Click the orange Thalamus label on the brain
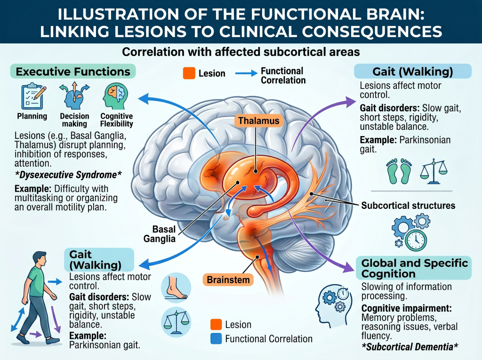[259, 120]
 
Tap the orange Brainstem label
[228, 280]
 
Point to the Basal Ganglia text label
[160, 234]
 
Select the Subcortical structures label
[408, 205]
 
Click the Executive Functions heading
[73, 72]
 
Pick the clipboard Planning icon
[32, 96]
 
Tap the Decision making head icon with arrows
[74, 96]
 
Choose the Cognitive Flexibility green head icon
[116, 96]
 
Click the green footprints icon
[399, 171]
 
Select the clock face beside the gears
[416, 240]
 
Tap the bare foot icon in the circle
[176, 288]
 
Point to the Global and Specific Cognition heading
[414, 268]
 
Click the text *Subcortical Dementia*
[410, 347]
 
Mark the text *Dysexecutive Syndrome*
[68, 175]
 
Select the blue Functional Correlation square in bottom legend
[216, 338]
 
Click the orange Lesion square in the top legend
[189, 73]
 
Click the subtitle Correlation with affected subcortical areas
[241, 52]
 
